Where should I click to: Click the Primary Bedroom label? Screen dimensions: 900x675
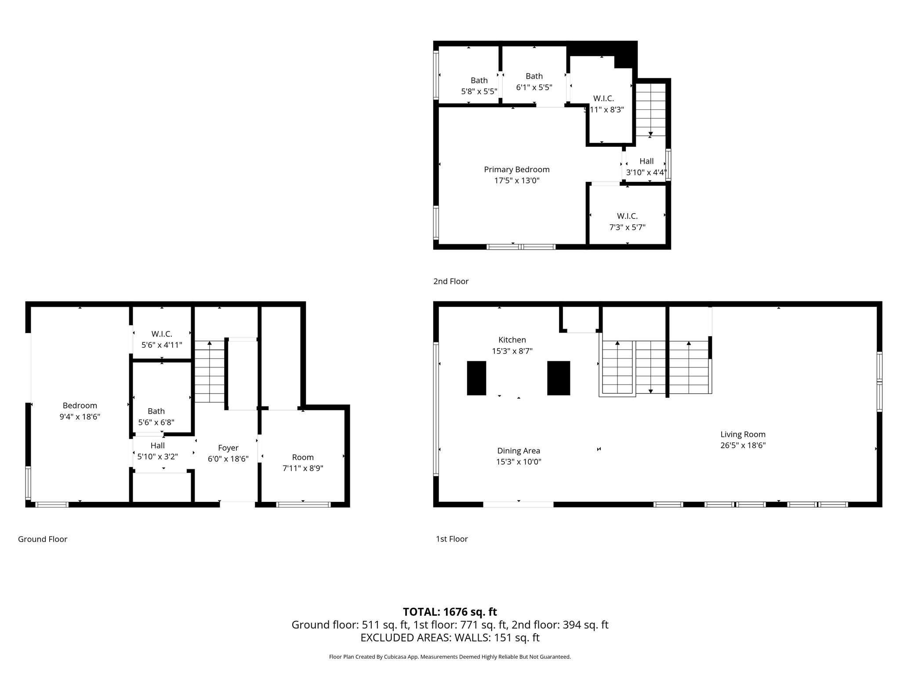click(516, 170)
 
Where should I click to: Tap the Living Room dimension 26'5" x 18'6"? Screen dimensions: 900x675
click(743, 445)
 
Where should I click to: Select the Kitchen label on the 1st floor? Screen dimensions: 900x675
click(512, 340)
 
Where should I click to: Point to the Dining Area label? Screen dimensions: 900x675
click(519, 450)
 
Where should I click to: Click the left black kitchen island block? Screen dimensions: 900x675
click(476, 378)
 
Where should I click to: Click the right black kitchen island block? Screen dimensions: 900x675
click(559, 378)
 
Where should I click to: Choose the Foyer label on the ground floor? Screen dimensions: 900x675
click(228, 448)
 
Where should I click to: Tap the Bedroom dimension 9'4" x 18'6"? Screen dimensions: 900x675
click(80, 417)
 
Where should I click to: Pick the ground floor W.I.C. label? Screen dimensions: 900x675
click(162, 334)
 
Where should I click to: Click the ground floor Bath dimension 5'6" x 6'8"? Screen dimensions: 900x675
click(156, 422)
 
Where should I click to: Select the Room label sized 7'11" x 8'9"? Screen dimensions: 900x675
click(303, 457)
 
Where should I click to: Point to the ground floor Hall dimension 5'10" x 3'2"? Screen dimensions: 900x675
click(157, 457)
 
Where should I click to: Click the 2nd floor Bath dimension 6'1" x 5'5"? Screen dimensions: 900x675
click(534, 87)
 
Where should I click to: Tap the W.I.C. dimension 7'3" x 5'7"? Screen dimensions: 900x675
click(627, 227)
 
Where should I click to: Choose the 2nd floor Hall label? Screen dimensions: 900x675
click(646, 161)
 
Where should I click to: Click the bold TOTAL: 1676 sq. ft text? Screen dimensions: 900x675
click(450, 612)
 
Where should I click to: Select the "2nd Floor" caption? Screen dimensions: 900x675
click(451, 281)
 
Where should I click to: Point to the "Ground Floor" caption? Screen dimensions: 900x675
click(43, 539)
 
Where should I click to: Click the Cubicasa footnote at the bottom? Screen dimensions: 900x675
click(450, 657)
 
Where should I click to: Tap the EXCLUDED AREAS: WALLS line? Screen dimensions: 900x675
click(450, 637)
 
